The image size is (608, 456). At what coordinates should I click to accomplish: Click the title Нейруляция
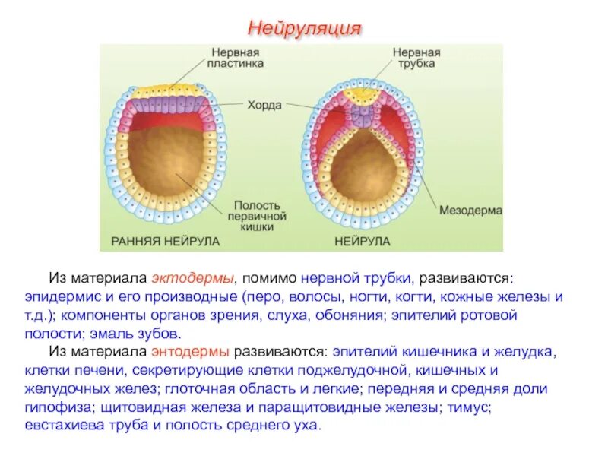point(303,29)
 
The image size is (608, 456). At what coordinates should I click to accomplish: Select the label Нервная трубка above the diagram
point(416,59)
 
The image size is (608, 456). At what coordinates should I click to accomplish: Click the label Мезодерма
point(470,210)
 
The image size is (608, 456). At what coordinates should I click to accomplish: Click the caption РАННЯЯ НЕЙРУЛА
point(166,241)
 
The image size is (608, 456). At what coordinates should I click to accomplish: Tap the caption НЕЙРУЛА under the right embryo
point(362,241)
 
